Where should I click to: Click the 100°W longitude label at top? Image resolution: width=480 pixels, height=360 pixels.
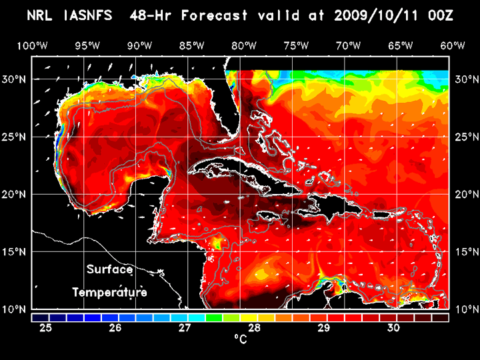tap(32, 45)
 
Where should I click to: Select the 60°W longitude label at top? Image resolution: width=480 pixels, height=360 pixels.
tap(452, 45)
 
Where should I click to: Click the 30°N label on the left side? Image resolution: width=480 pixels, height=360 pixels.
tap(16, 79)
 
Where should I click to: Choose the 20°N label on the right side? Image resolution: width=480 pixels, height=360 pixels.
tap(467, 194)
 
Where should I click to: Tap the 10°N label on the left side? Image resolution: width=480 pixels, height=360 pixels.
tap(16, 309)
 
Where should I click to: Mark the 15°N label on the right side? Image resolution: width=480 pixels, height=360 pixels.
tap(467, 251)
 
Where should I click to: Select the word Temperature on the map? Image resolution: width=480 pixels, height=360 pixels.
tap(109, 292)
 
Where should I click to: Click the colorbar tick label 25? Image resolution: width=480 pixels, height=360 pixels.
tap(46, 328)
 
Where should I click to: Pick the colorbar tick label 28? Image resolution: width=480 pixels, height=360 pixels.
tap(254, 328)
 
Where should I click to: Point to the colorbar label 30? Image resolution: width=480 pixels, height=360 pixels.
tap(393, 328)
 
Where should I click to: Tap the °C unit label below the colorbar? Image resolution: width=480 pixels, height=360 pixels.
tap(241, 340)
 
